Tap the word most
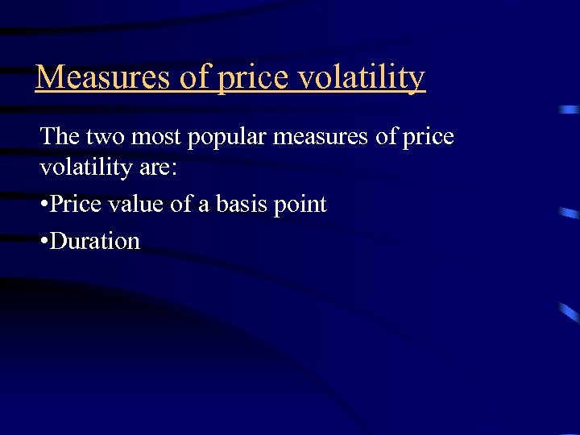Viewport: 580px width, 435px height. click(156, 137)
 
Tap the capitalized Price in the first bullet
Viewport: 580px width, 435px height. click(76, 205)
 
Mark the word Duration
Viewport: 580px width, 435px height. click(95, 240)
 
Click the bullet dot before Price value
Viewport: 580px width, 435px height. click(43, 205)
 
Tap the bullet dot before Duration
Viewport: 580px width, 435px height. click(43, 241)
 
